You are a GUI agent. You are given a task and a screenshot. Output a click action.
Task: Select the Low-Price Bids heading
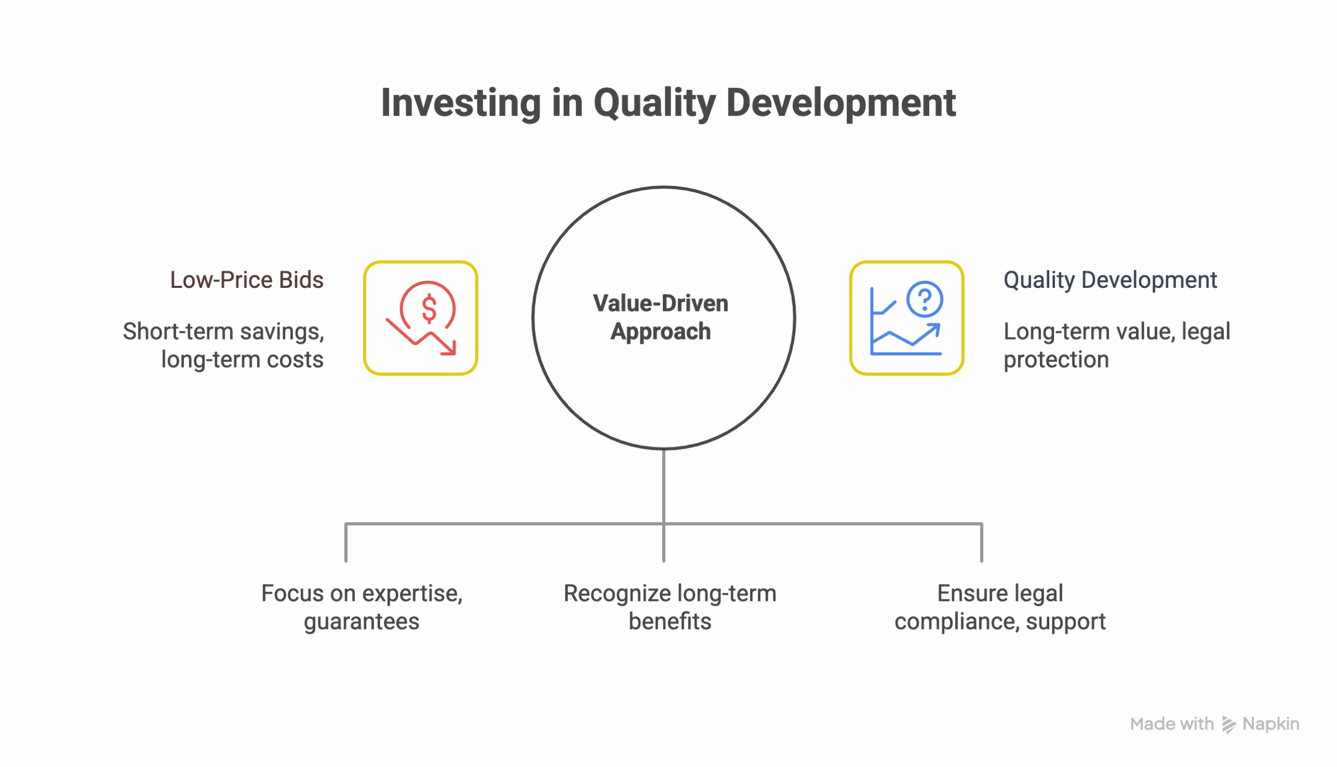point(246,280)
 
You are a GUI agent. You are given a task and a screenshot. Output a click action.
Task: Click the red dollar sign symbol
point(429,309)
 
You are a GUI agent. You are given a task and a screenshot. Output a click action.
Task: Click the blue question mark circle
point(924,299)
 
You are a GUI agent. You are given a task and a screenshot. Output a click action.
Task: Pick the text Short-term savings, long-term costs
point(224,345)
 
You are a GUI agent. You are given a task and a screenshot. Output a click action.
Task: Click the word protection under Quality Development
point(1055,360)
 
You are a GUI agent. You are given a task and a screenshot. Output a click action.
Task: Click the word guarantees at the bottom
point(362,622)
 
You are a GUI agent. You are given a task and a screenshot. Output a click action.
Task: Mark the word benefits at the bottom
point(670,622)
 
